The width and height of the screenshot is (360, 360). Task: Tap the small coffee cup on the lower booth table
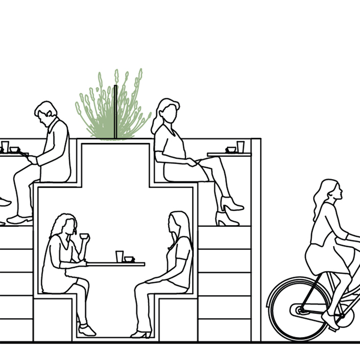point(129,259)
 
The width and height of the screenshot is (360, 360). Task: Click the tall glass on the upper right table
point(240,147)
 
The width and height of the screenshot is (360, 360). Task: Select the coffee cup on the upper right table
point(231,149)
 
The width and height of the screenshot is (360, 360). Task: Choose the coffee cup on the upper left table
point(14,149)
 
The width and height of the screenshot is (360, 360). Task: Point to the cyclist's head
point(331,190)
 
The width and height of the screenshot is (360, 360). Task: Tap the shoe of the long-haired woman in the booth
point(141,334)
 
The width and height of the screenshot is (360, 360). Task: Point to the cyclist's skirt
point(327,258)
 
